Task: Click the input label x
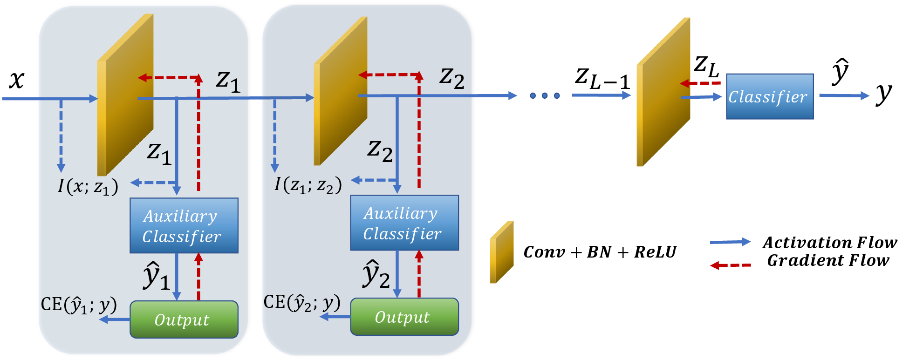tap(17, 80)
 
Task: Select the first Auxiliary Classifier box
tap(184, 226)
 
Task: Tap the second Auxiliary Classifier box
tap(404, 223)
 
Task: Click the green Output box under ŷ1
tap(184, 319)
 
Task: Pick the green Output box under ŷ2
tap(404, 317)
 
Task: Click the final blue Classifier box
tap(769, 96)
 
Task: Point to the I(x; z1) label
tap(88, 186)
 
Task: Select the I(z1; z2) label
tap(308, 185)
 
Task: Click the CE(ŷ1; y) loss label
tap(78, 305)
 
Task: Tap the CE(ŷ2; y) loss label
tap(301, 303)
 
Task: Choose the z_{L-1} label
tap(602, 78)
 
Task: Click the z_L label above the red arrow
tap(706, 66)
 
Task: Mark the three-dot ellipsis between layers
tap(544, 96)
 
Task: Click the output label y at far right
tap(883, 94)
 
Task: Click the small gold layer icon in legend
tap(501, 252)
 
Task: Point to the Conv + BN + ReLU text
tap(600, 252)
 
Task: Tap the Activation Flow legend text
tap(829, 243)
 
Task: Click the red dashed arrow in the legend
tap(730, 265)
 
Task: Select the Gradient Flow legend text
tap(828, 260)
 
